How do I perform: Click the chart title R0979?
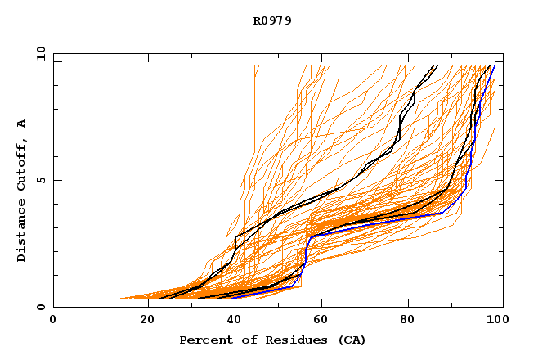272,21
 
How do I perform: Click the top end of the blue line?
494,66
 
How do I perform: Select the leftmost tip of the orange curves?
119,299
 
